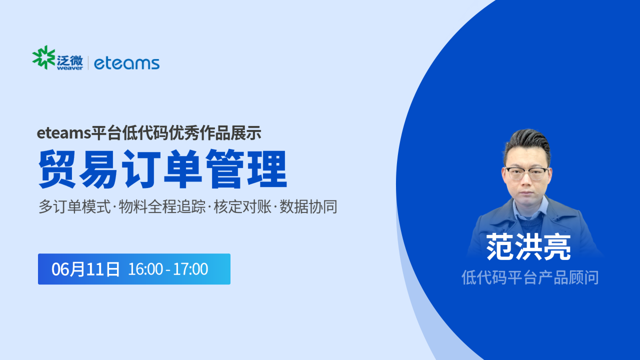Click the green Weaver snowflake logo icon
(43, 57)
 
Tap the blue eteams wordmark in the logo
(126, 63)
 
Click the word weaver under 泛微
(69, 68)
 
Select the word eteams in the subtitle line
(63, 133)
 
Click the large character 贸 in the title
(57, 169)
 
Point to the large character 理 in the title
(267, 169)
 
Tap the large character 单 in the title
(183, 169)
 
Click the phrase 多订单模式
(74, 206)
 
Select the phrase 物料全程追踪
(162, 206)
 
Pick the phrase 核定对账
(242, 206)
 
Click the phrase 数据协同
(308, 206)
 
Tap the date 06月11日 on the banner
(85, 269)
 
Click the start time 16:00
(145, 269)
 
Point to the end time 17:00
(190, 269)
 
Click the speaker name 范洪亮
(528, 247)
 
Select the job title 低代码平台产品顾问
(530, 277)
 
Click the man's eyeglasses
(526, 173)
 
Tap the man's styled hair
(528, 144)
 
